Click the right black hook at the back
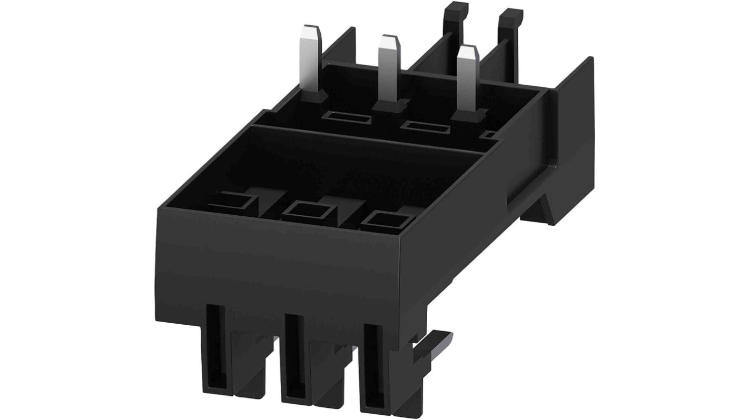510,21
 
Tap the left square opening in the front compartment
232,203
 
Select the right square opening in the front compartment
388,221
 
